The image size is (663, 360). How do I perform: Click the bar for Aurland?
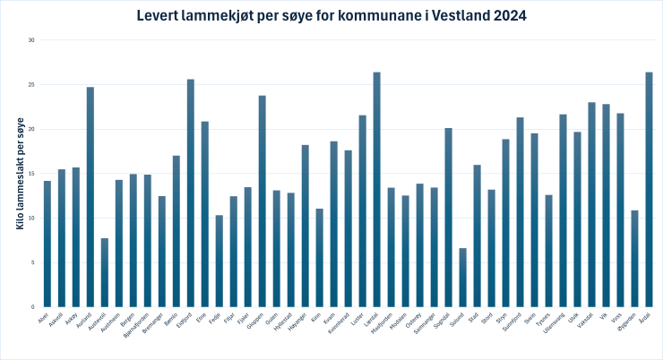click(90, 197)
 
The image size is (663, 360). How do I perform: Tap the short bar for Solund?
click(463, 278)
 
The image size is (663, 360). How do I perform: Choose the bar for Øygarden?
click(634, 259)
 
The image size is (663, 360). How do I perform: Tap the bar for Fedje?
click(220, 261)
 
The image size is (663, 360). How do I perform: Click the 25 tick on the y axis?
click(30, 85)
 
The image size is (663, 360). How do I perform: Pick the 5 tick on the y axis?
click(32, 262)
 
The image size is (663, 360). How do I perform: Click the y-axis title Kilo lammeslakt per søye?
click(19, 174)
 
